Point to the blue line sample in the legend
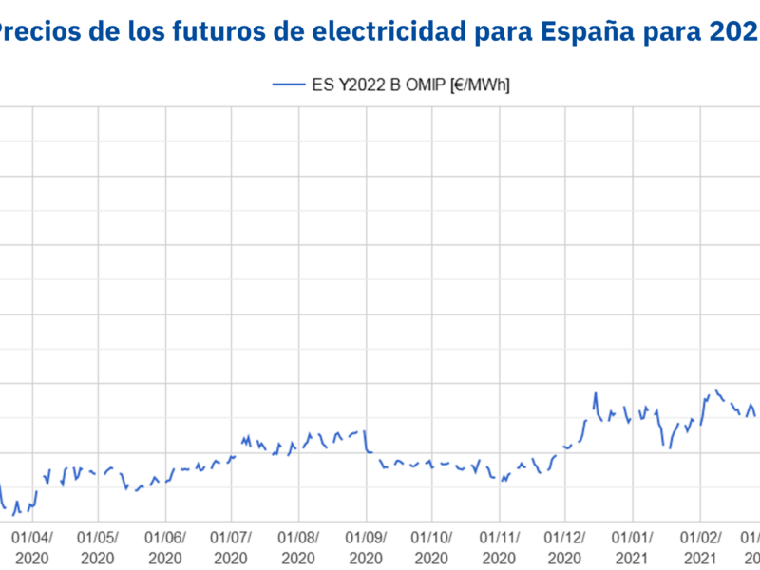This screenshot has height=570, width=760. tap(288, 85)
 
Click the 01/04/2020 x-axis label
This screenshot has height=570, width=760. tap(32, 546)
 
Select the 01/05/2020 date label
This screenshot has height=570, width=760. tap(99, 546)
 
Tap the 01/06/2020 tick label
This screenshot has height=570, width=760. tap(165, 546)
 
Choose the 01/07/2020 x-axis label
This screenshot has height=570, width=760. tap(232, 546)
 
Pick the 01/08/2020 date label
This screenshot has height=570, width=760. tap(298, 546)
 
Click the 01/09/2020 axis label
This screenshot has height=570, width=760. tap(365, 546)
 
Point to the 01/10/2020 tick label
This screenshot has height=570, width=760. tap(432, 546)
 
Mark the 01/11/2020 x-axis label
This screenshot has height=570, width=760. tap(499, 546)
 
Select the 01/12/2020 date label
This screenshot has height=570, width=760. tap(565, 546)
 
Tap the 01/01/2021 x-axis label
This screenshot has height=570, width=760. tap(632, 546)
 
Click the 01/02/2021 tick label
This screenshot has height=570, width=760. tap(699, 546)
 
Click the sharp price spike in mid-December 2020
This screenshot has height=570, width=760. tap(596, 393)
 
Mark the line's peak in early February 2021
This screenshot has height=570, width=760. tap(717, 389)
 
